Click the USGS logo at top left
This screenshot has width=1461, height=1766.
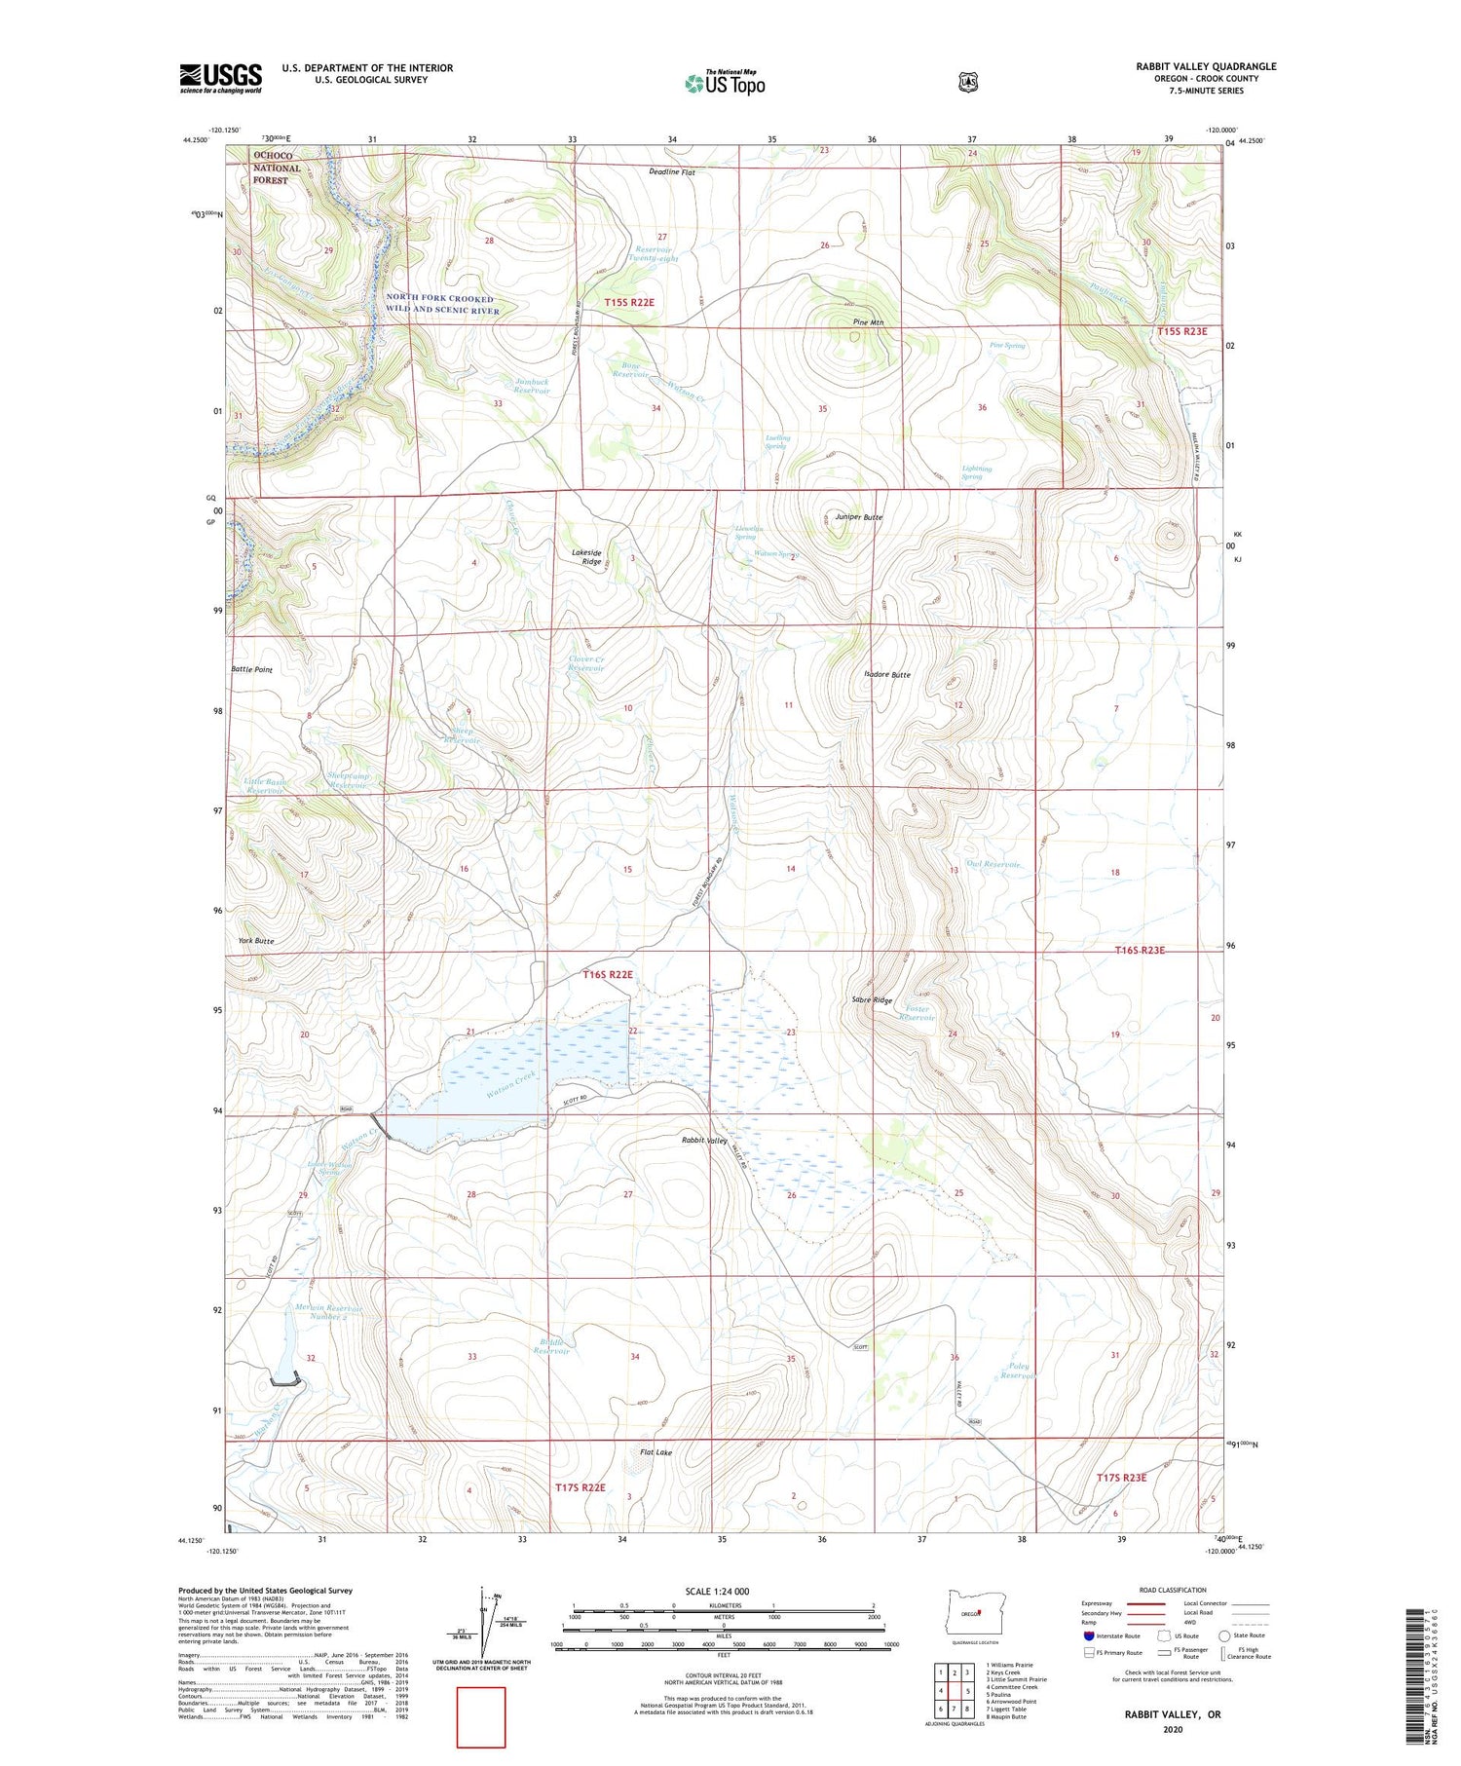(220, 78)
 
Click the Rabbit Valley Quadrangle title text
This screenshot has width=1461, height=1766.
(1206, 66)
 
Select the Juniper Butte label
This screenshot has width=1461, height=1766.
(859, 517)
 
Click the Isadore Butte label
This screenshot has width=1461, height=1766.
(887, 675)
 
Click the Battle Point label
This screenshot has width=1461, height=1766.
(251, 670)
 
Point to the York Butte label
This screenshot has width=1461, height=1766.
(256, 941)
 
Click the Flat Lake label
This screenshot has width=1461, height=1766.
(656, 1452)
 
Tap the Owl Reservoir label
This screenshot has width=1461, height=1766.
(993, 865)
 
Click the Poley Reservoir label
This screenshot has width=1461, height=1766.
(1016, 1371)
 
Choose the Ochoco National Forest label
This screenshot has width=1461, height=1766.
(277, 168)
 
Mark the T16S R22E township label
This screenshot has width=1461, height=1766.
(608, 974)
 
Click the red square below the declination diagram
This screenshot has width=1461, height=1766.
(481, 1717)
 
